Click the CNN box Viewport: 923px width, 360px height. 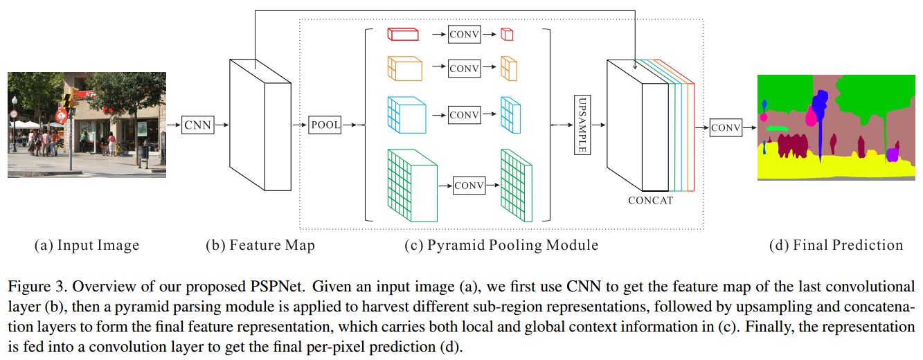pos(197,125)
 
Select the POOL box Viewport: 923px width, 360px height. pos(325,125)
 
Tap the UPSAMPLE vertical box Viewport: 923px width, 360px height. pos(582,125)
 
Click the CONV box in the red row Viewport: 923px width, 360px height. pos(464,34)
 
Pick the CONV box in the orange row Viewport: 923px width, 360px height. pos(464,68)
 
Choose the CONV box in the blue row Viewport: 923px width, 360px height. pos(464,114)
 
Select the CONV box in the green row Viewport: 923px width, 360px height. pos(469,185)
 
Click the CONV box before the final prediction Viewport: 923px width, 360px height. pos(726,127)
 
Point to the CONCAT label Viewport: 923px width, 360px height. pos(650,201)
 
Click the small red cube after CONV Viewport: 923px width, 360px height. pos(507,34)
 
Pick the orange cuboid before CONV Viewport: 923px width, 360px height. pos(404,68)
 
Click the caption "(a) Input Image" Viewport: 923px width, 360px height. pos(87,245)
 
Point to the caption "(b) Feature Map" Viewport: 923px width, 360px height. pos(260,245)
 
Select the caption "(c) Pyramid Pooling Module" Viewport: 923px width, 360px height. pos(501,245)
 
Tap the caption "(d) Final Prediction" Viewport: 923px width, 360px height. pos(836,245)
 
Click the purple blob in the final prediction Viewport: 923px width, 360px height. pos(893,154)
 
